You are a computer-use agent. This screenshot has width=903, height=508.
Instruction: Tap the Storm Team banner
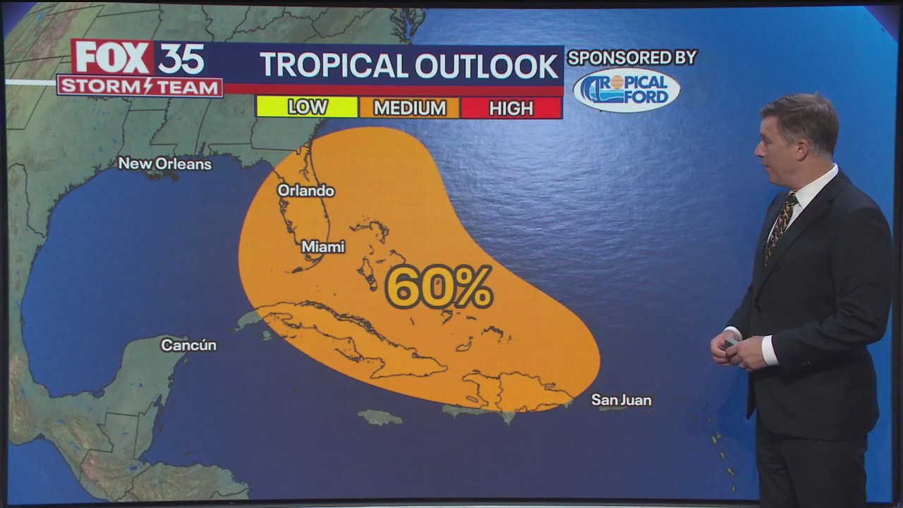click(140, 86)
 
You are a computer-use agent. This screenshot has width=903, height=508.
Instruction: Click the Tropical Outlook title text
click(408, 66)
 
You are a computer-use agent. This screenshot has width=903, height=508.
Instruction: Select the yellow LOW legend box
click(307, 107)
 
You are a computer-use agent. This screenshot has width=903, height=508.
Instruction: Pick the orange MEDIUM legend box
click(409, 107)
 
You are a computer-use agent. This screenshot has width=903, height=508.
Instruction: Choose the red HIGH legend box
click(511, 107)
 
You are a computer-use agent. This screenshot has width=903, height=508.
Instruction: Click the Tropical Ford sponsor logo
click(626, 90)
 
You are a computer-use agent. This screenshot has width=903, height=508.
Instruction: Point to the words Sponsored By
click(632, 58)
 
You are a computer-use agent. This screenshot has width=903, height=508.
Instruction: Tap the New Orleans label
click(164, 164)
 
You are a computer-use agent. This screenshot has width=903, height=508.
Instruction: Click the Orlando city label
click(305, 190)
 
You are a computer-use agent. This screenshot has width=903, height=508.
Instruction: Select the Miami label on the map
click(323, 247)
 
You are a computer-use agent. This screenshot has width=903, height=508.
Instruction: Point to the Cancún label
click(188, 345)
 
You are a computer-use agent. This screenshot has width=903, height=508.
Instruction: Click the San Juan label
click(621, 400)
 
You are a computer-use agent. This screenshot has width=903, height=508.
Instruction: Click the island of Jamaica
click(380, 418)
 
